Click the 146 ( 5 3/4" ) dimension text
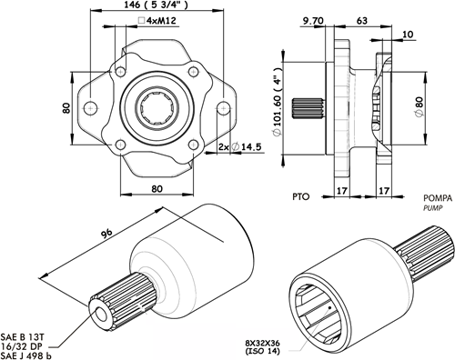click(157, 5)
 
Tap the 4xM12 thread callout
click(157, 21)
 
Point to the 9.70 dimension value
click(313, 21)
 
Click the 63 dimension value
click(362, 21)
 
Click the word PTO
click(301, 196)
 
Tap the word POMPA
click(438, 198)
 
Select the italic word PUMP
click(433, 208)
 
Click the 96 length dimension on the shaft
click(106, 234)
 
